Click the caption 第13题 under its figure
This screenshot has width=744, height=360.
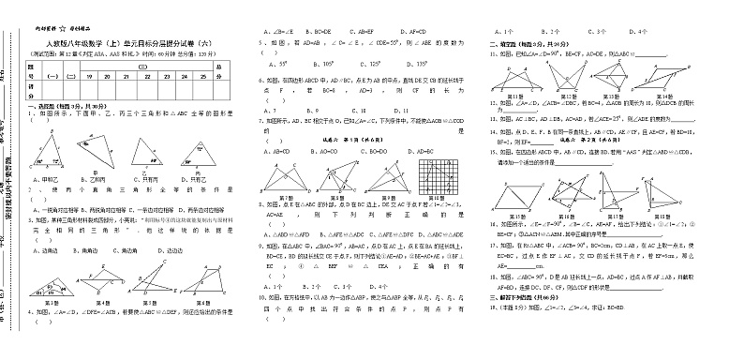[x=615, y=97]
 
